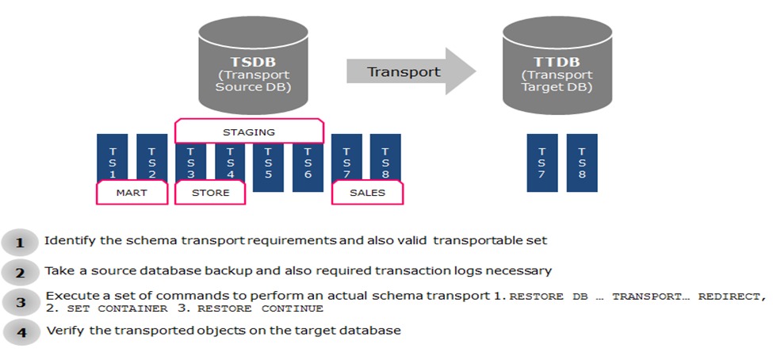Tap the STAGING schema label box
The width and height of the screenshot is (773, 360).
click(248, 131)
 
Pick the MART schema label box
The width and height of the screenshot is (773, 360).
click(132, 192)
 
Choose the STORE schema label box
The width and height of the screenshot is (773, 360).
click(210, 192)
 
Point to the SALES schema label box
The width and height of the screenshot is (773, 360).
click(367, 192)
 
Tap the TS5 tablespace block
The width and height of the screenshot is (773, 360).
click(268, 163)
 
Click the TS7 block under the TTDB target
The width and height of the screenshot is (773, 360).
click(542, 163)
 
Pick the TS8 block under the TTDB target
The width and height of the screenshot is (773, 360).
click(582, 163)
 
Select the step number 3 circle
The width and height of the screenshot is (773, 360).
click(21, 302)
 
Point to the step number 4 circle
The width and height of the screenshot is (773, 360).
click(21, 332)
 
